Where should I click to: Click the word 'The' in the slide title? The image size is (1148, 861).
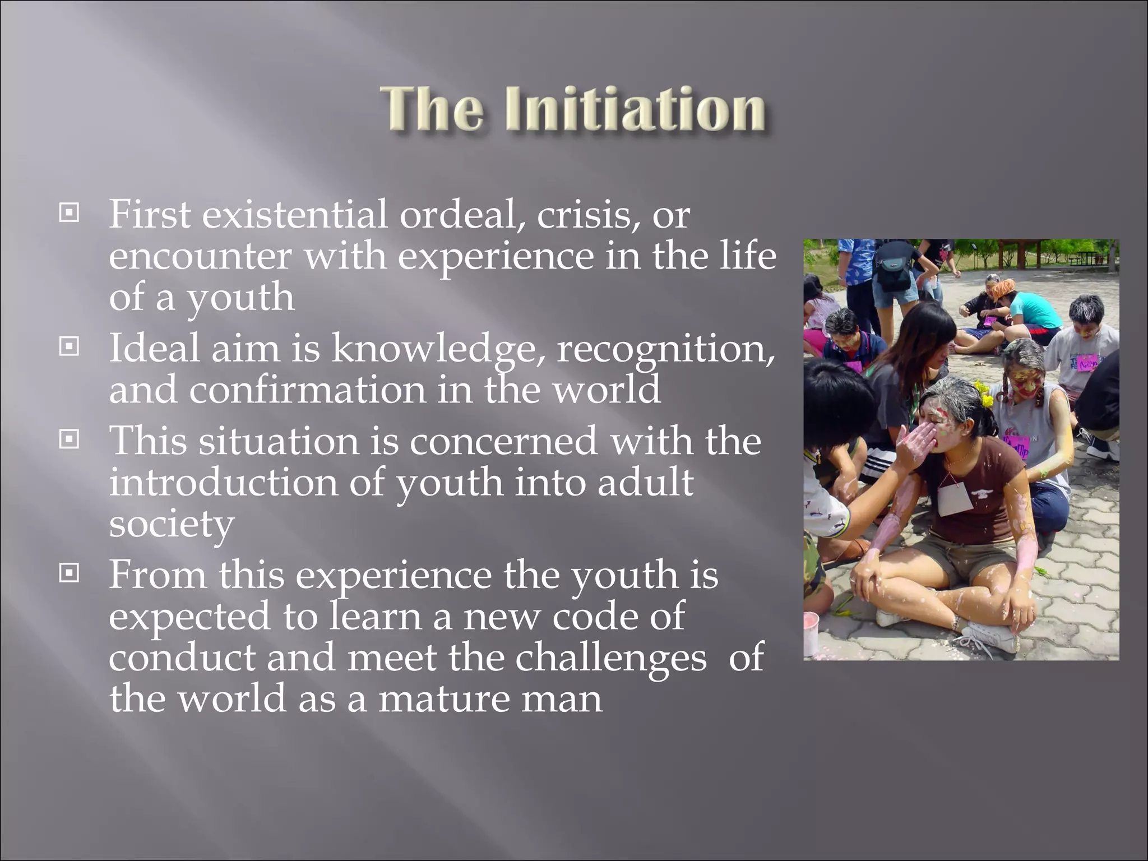[x=431, y=109]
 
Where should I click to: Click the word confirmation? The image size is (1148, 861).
[x=307, y=390]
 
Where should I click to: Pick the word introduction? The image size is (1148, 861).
[x=223, y=483]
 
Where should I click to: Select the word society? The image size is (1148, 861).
[x=171, y=525]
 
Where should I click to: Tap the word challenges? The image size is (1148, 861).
[x=611, y=658]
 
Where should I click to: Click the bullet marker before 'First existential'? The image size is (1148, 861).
[x=69, y=213]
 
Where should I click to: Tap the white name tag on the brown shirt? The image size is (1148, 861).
[x=955, y=499]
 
